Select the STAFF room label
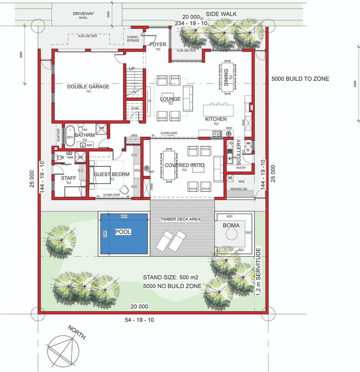point(68,178)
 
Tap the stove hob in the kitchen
point(217,134)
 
